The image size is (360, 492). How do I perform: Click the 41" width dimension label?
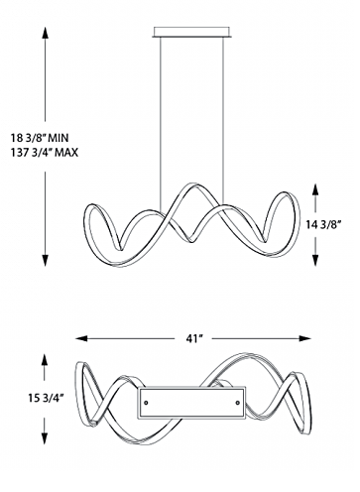194,338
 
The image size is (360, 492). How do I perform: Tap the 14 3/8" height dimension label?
323,225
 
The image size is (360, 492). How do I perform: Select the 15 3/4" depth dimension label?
46,398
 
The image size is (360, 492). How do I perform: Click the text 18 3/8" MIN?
40,137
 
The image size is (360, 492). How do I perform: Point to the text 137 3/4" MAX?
45,153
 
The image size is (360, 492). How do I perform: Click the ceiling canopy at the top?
191,31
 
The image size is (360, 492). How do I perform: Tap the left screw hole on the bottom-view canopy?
146,403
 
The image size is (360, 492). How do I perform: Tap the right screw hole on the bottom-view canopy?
237,403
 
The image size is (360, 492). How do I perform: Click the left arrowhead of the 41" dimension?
81,338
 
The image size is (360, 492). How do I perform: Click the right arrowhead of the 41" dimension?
304,338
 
